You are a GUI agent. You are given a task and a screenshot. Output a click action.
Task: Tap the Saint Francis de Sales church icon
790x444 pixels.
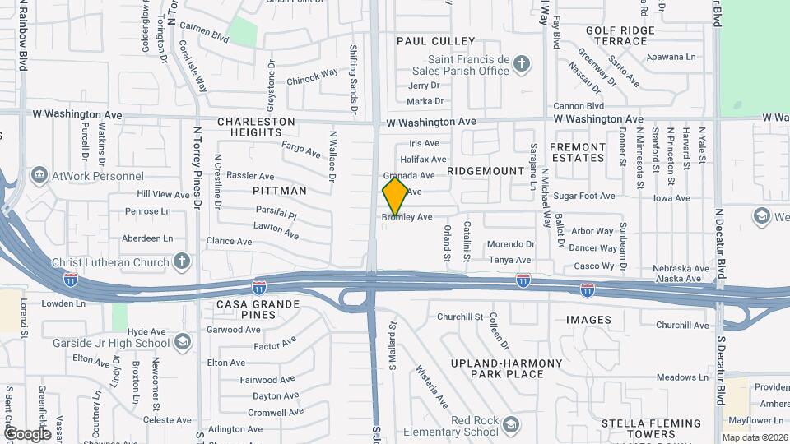tap(521, 62)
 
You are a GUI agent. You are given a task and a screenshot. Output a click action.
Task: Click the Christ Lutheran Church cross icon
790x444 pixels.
tap(182, 261)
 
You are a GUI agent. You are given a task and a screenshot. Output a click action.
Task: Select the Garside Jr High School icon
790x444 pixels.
tap(182, 340)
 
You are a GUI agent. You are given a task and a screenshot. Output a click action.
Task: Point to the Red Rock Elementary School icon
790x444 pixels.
tap(511, 425)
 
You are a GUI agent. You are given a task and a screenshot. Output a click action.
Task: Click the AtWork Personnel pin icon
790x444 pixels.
tap(39, 175)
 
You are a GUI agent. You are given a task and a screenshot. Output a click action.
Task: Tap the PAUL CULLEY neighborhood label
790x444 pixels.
tap(436, 41)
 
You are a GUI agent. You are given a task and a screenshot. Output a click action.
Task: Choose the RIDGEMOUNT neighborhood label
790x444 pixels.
tap(486, 171)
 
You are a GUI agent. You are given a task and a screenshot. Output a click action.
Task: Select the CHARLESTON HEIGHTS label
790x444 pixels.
tap(256, 127)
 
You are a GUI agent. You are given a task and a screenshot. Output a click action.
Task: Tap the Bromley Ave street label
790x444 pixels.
tap(407, 218)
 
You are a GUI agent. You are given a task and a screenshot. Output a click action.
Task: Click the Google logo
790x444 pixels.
tap(27, 433)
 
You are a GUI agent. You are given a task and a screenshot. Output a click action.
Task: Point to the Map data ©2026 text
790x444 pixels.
tap(754, 437)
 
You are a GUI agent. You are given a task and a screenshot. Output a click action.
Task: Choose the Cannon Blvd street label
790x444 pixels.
tap(579, 106)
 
